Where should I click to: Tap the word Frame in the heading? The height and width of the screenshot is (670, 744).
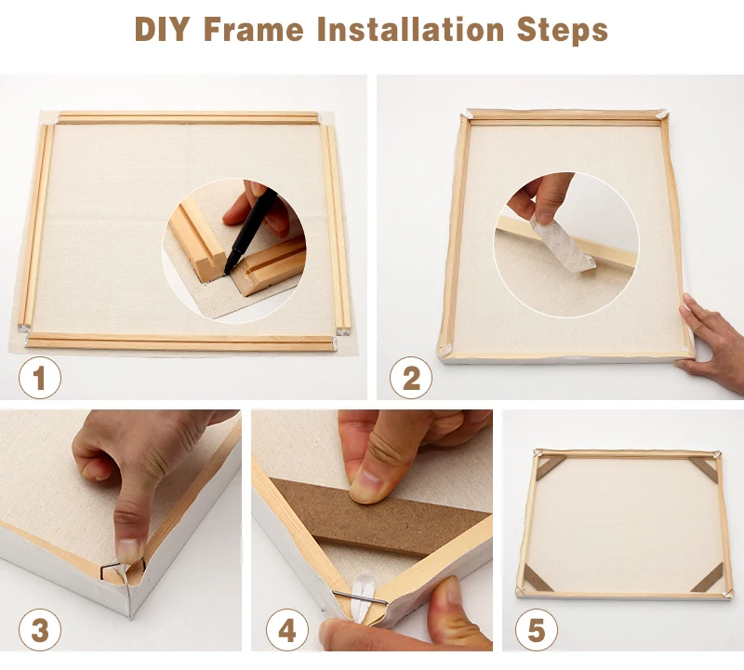[254, 29]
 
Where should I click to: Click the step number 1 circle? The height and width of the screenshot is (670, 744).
[40, 378]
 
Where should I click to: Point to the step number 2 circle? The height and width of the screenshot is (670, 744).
[411, 378]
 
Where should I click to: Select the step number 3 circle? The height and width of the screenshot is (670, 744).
[40, 630]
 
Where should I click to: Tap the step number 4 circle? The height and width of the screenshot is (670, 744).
[287, 630]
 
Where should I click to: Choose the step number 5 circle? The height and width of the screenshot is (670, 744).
[537, 630]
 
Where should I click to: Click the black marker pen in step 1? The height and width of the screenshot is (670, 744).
[249, 230]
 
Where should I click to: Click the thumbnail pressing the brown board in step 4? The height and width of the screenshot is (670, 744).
[366, 486]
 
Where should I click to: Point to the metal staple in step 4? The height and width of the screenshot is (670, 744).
[360, 597]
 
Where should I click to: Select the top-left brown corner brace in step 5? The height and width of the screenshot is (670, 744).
[550, 467]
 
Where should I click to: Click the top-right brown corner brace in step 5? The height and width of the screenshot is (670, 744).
[706, 469]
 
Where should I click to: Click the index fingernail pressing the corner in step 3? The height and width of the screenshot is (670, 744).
[128, 552]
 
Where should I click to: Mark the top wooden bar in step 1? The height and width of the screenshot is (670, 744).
[188, 118]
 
